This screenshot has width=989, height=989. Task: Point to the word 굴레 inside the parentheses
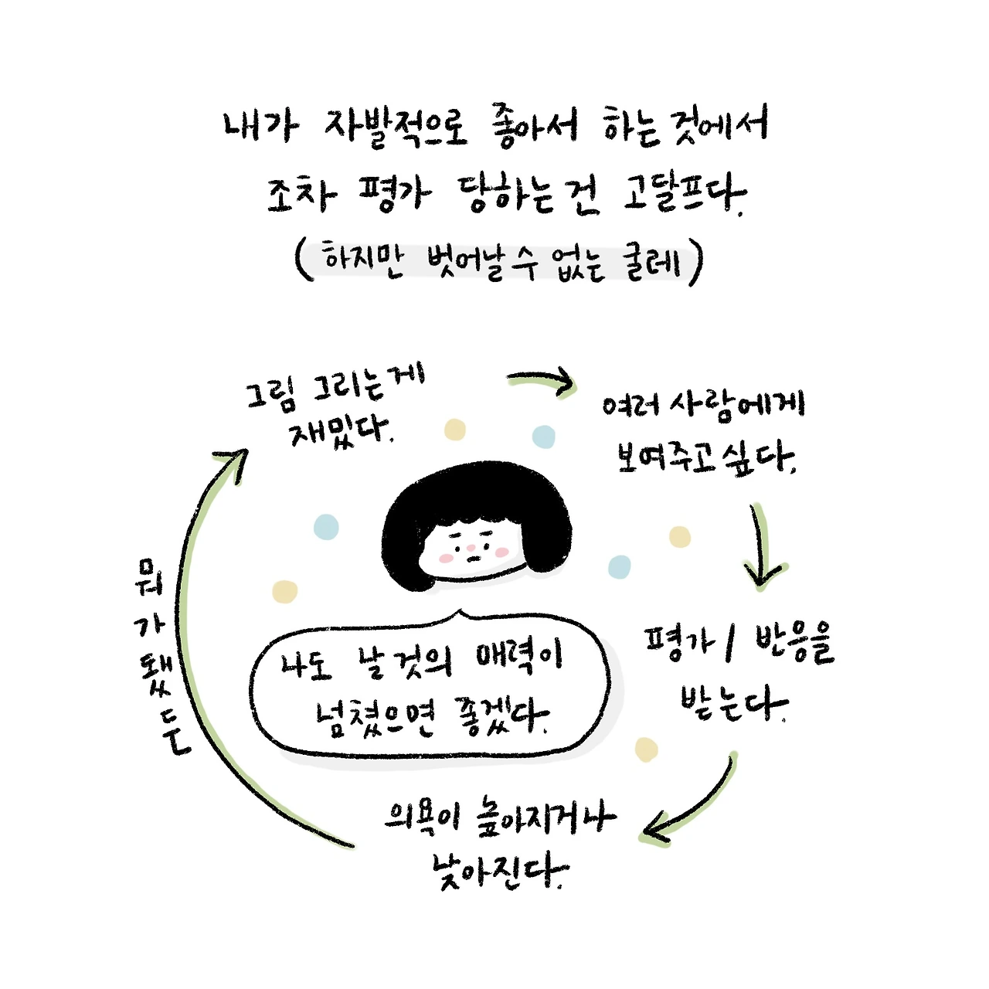pos(654,263)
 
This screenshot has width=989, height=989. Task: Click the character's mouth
pos(472,559)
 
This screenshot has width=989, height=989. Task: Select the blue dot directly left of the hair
pos(326,527)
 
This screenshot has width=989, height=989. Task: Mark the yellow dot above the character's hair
pos(455,430)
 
